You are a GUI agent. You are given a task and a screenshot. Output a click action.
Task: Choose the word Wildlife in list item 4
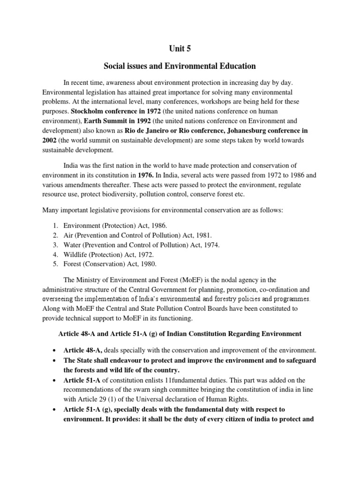[76, 255]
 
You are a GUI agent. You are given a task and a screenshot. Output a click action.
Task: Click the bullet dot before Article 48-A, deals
[56, 350]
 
